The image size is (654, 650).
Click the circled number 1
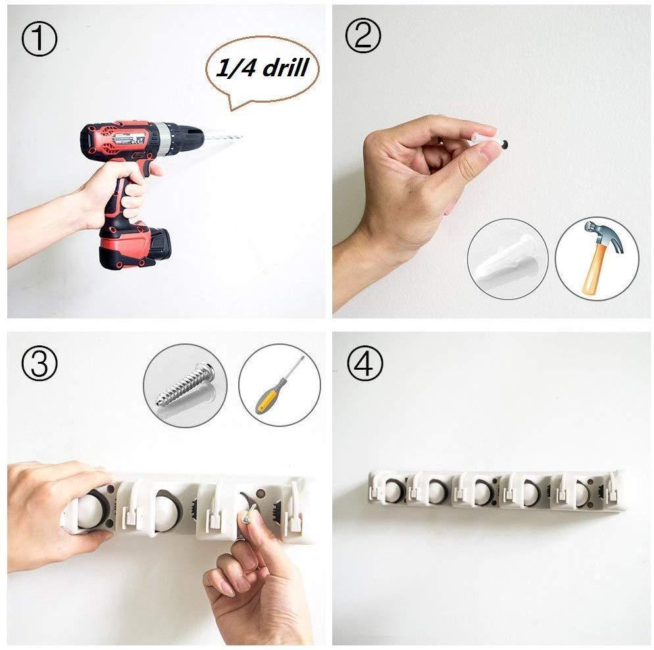tap(39, 39)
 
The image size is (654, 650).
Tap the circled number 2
tap(363, 36)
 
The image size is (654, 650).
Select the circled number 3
tap(39, 362)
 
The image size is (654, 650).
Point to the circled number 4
tap(365, 364)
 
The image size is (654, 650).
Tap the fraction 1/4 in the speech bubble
tap(236, 68)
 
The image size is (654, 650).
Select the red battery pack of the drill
tap(134, 247)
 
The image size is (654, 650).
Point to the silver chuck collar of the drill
tap(170, 138)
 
